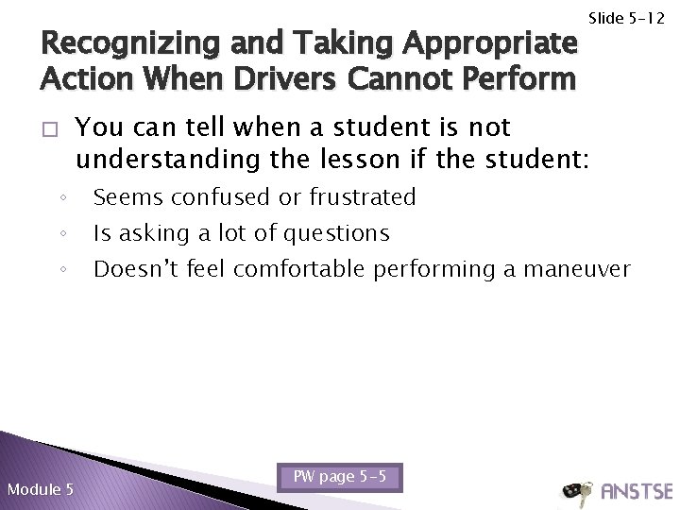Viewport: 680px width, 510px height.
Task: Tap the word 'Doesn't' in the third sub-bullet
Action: coord(128,268)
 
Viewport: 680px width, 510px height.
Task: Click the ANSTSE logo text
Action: coord(636,490)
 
